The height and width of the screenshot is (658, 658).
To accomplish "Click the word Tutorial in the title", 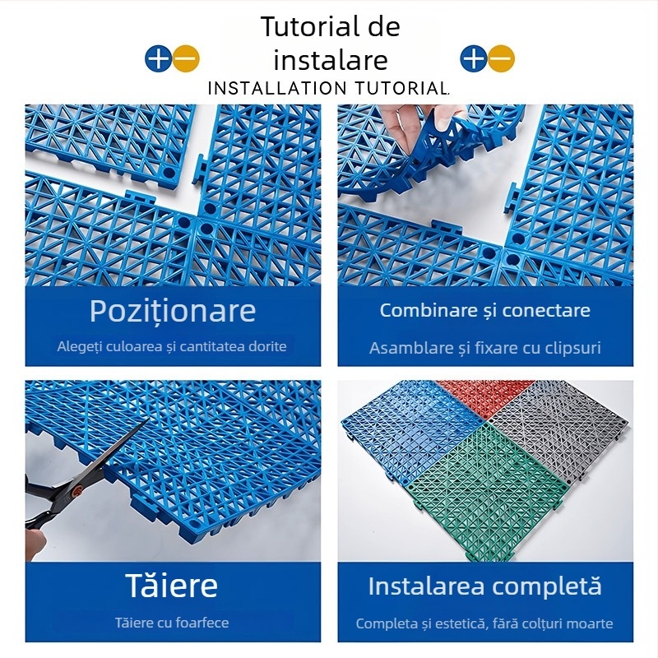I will [300, 26].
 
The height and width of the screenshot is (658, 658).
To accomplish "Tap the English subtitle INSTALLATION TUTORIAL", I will [329, 88].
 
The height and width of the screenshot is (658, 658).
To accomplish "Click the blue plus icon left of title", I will [158, 58].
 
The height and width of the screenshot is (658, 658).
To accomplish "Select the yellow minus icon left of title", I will [187, 58].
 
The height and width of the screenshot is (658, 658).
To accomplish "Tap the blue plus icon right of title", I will [473, 58].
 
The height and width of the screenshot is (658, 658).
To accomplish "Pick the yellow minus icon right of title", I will [501, 58].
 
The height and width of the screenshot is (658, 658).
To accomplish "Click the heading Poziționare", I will [173, 311].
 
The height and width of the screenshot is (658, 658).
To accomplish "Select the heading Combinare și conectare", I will [485, 310].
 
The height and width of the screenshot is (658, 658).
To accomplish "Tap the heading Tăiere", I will [172, 586].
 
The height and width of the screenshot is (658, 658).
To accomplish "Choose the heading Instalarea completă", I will [485, 586].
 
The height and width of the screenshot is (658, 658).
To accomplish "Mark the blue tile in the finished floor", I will [403, 428].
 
